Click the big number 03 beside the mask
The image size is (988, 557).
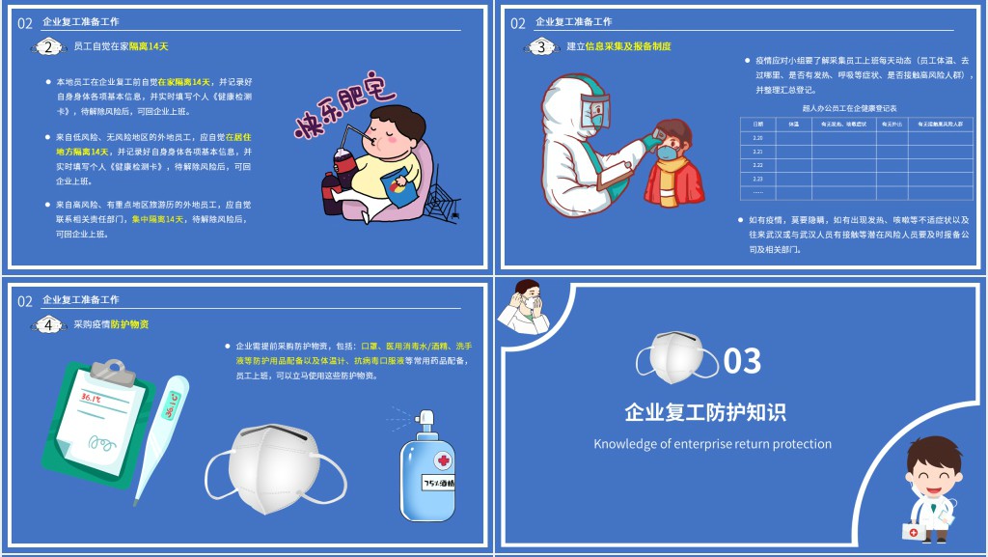(742, 360)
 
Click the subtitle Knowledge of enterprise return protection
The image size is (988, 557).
(712, 444)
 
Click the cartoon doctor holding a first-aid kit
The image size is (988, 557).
(932, 487)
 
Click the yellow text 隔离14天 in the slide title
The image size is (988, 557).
(149, 46)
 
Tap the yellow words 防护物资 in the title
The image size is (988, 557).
(130, 324)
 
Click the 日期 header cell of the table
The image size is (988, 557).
(757, 124)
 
